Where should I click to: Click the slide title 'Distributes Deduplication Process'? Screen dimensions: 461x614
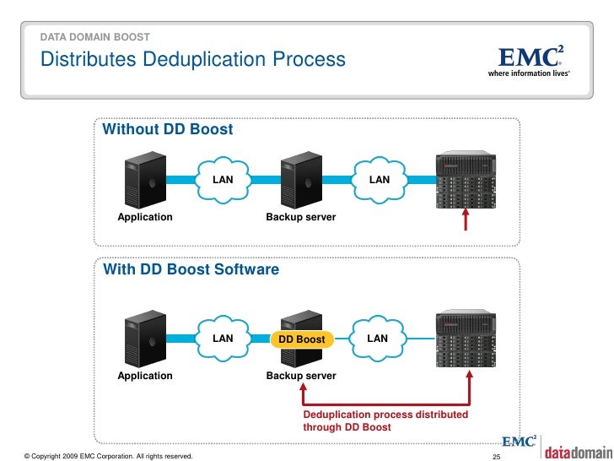pyautogui.click(x=193, y=60)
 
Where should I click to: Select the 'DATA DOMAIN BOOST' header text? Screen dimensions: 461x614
pyautogui.click(x=95, y=37)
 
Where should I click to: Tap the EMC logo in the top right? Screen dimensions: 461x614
pyautogui.click(x=530, y=60)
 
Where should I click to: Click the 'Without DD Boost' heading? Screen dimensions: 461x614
pyautogui.click(x=167, y=130)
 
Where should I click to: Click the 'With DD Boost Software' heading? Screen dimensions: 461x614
pyautogui.click(x=191, y=270)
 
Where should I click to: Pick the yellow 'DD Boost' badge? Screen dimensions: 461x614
pyautogui.click(x=301, y=339)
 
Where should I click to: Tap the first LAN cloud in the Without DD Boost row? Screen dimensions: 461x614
pyautogui.click(x=223, y=179)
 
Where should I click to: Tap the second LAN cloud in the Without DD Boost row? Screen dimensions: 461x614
pyautogui.click(x=380, y=179)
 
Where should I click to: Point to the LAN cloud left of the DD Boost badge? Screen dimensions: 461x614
pyautogui.click(x=223, y=339)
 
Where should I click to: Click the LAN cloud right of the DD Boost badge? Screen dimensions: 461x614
pyautogui.click(x=378, y=339)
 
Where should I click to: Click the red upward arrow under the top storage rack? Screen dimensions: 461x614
pyautogui.click(x=464, y=220)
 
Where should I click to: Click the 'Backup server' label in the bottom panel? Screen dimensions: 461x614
pyautogui.click(x=301, y=376)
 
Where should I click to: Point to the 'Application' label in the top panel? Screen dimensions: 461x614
pyautogui.click(x=144, y=217)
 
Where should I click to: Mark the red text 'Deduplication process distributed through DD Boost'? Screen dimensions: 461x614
pyautogui.click(x=385, y=421)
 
